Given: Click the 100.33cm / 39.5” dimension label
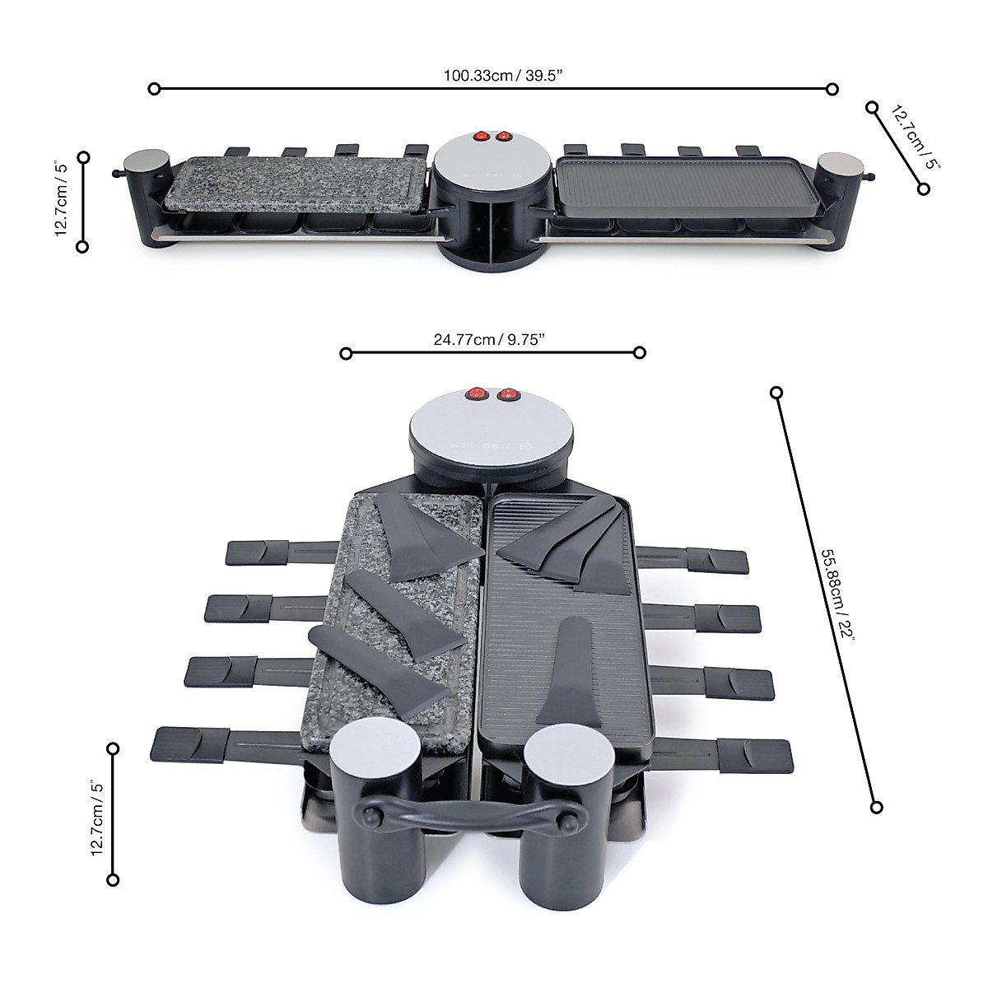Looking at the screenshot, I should coord(503,76).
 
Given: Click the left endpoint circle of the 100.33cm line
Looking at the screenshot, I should coord(153,87).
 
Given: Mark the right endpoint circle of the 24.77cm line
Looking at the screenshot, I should coord(640,353).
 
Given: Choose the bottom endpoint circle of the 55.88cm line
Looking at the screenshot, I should coord(877,806).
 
